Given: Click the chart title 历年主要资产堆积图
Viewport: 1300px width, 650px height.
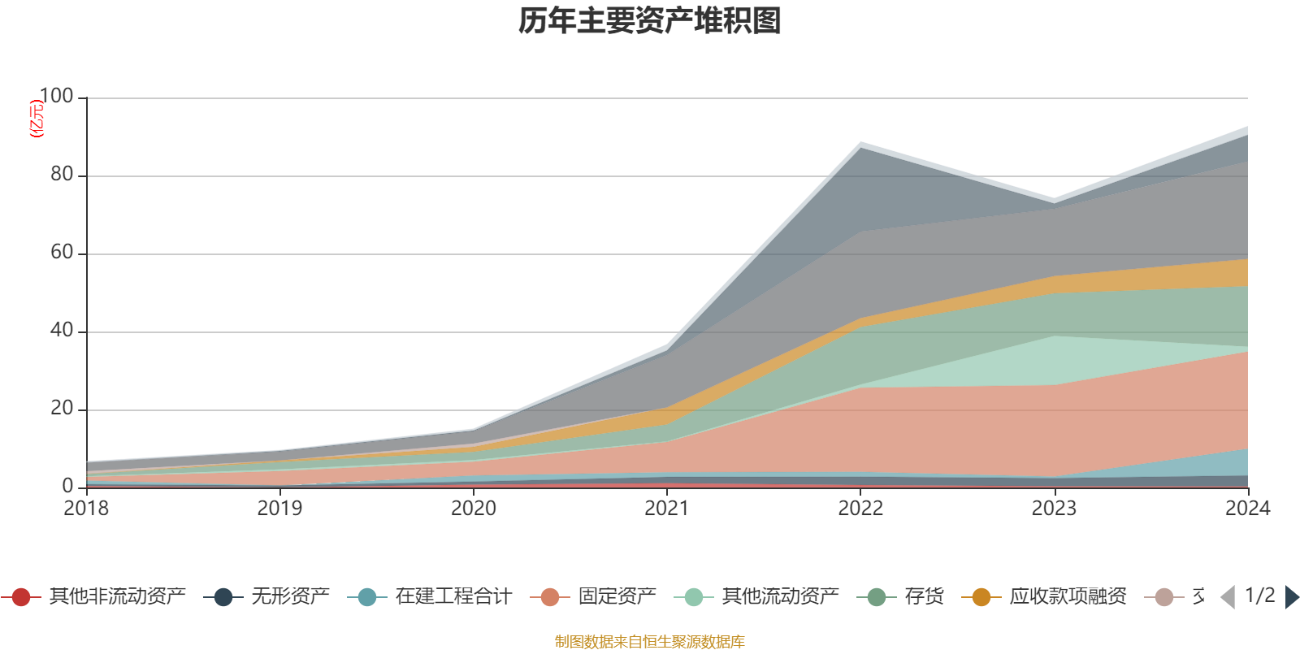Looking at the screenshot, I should coord(650,21).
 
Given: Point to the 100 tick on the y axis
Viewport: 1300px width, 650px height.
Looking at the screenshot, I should coord(56,97).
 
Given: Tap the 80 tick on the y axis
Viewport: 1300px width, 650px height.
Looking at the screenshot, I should coord(62,175).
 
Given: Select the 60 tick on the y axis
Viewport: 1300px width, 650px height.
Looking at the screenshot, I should coord(62,253).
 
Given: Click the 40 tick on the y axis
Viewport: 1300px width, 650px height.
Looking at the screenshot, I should coord(62,331).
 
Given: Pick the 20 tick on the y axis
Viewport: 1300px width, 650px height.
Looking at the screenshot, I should coord(62,409).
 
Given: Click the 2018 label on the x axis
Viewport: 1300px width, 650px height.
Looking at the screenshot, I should coord(86,509).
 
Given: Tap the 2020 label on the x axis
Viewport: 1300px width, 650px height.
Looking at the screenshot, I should coord(474,509).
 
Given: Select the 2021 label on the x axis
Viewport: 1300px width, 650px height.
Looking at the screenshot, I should coord(667,509).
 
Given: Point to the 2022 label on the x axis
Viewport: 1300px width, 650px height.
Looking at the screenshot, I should coord(860,509).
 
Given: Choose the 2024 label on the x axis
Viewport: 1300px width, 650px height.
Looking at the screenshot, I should coord(1247,509).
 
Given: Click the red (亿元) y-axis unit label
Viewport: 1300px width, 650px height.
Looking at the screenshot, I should coord(37,119).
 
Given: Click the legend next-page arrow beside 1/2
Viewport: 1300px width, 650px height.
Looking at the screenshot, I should coord(1291,597).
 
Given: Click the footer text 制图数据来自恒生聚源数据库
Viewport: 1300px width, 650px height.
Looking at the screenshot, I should coord(649,642).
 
